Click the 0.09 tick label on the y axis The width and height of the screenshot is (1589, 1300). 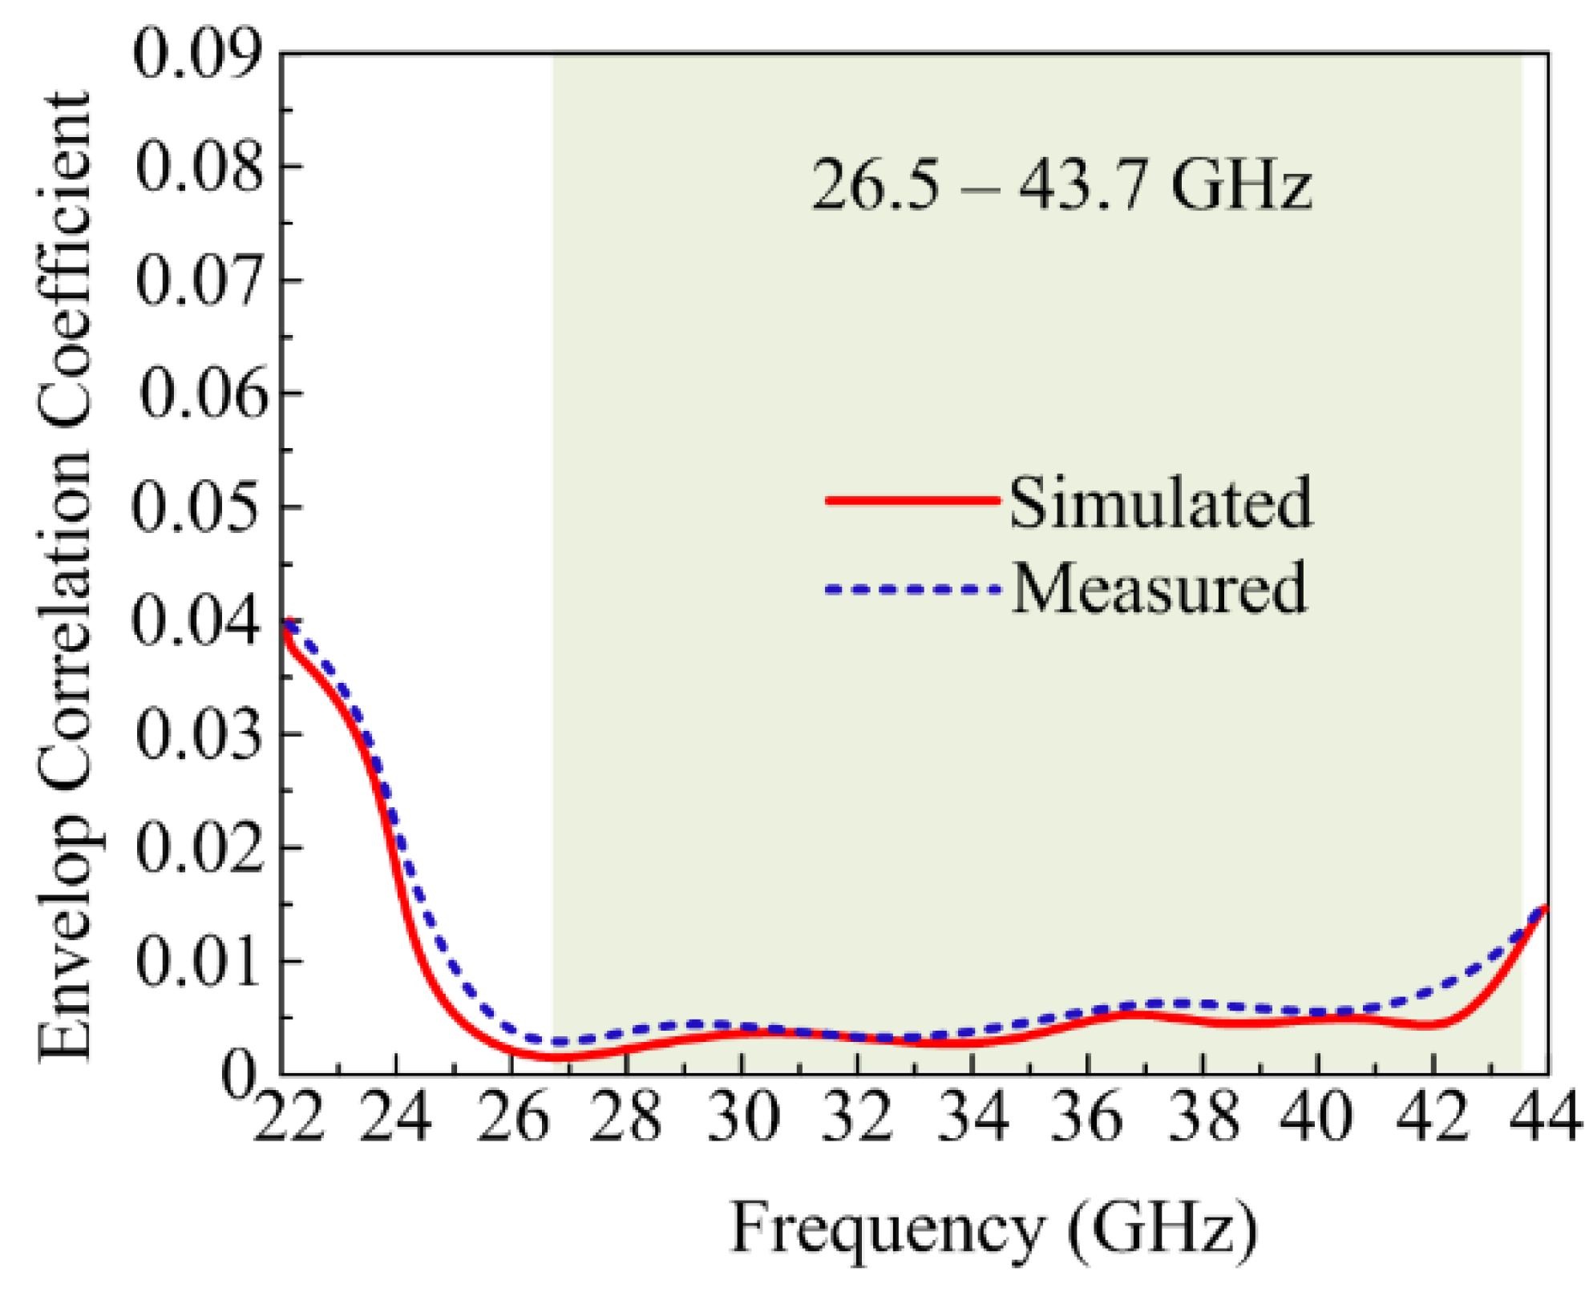pyautogui.click(x=197, y=54)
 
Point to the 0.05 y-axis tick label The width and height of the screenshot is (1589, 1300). pyautogui.click(x=197, y=507)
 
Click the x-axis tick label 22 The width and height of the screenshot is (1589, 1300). pyautogui.click(x=289, y=1118)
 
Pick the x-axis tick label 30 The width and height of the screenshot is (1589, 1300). pyautogui.click(x=742, y=1118)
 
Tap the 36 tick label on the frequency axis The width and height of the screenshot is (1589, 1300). pyautogui.click(x=1086, y=1118)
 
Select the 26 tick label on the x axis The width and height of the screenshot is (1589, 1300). pyautogui.click(x=513, y=1118)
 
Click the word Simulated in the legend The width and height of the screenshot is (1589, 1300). pyautogui.click(x=1160, y=503)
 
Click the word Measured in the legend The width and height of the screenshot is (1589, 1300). pyautogui.click(x=1158, y=589)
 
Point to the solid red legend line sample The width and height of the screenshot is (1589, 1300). pyautogui.click(x=912, y=500)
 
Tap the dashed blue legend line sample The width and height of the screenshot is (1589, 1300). pyautogui.click(x=912, y=590)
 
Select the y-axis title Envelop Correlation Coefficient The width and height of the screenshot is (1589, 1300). pyautogui.click(x=64, y=577)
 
